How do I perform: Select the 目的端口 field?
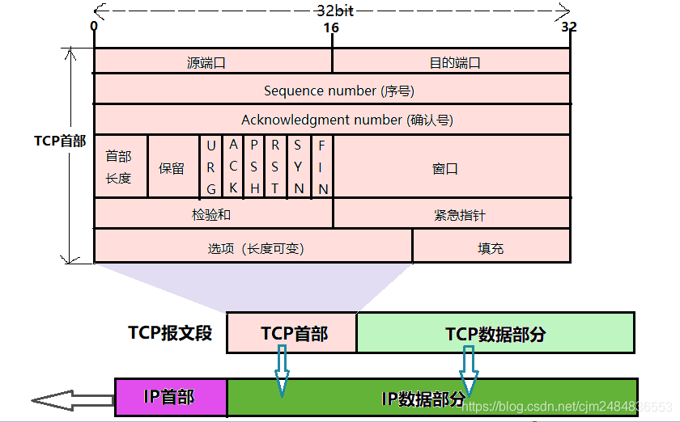click(451, 61)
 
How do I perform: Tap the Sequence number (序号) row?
click(332, 90)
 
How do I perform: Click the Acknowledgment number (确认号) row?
click(332, 120)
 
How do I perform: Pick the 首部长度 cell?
click(120, 167)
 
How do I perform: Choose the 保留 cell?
click(172, 167)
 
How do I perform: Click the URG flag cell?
click(210, 167)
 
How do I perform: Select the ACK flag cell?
click(232, 167)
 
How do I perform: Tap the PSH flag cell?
click(254, 167)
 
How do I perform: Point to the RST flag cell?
click(276, 167)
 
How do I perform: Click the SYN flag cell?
click(299, 167)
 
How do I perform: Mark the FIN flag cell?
click(321, 167)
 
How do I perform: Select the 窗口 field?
click(451, 167)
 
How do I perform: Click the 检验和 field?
click(213, 214)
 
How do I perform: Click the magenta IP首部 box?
click(171, 397)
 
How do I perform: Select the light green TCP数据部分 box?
click(495, 333)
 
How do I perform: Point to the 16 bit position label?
click(331, 27)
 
